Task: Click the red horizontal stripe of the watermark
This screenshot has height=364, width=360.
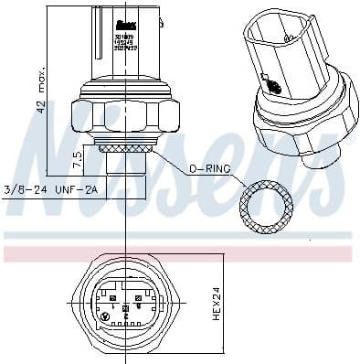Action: coord(183,250)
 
